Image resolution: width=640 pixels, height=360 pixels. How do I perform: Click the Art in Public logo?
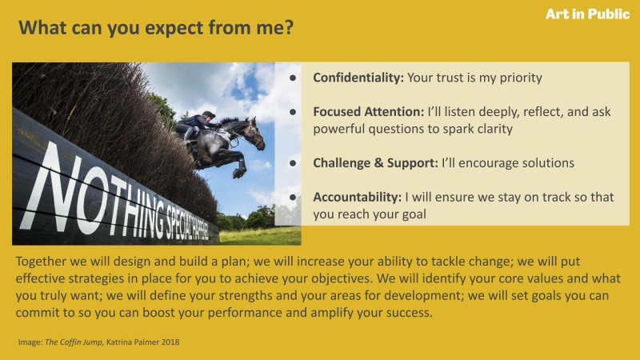pyautogui.click(x=588, y=14)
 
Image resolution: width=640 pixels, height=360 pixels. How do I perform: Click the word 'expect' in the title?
pyautogui.click(x=174, y=29)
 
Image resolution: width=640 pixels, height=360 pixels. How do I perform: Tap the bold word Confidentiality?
pyautogui.click(x=358, y=78)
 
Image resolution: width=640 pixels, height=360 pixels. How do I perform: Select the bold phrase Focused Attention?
pyautogui.click(x=369, y=111)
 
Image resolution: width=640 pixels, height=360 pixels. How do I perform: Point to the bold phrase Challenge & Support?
pyautogui.click(x=375, y=163)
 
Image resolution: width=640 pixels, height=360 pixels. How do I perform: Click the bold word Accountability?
pyautogui.click(x=357, y=197)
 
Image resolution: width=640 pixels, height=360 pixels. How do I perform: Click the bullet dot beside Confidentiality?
pyautogui.click(x=293, y=78)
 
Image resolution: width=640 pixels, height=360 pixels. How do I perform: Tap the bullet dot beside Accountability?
pyautogui.click(x=293, y=197)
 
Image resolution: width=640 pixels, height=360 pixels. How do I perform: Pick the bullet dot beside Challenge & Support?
pyautogui.click(x=293, y=163)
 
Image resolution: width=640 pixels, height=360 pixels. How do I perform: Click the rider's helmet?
pyautogui.click(x=209, y=114)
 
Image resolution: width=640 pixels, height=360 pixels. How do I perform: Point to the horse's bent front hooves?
pyautogui.click(x=239, y=172)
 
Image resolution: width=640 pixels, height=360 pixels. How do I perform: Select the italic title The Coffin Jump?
pyautogui.click(x=74, y=342)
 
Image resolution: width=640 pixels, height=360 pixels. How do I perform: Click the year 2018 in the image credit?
pyautogui.click(x=170, y=342)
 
